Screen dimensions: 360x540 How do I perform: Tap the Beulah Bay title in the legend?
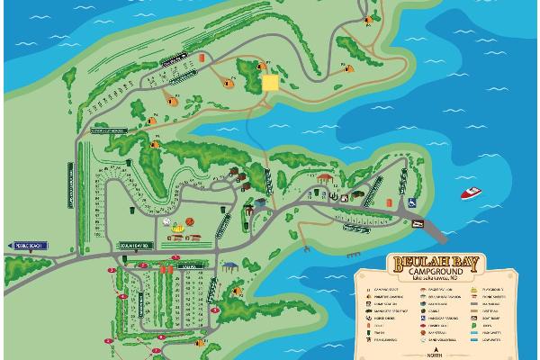[437, 263]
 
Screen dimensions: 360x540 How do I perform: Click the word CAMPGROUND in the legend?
[437, 272]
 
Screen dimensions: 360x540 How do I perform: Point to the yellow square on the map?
[271, 83]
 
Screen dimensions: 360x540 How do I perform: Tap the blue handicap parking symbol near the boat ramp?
[409, 202]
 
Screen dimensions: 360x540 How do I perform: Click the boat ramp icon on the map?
[418, 220]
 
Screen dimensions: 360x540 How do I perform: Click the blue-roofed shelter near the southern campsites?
[230, 265]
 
